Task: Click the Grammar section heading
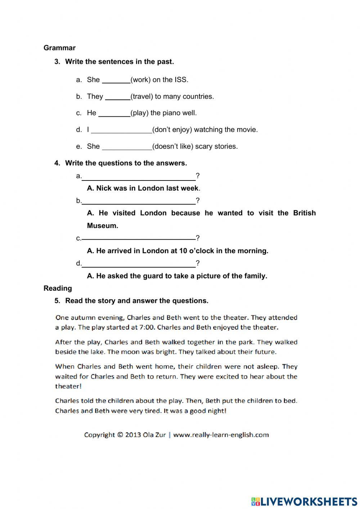point(59,48)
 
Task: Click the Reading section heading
point(58,288)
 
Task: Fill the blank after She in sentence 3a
point(116,80)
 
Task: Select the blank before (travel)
point(117,97)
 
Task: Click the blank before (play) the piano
point(114,113)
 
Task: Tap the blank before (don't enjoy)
point(121,130)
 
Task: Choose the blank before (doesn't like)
point(127,147)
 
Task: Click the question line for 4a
point(139,177)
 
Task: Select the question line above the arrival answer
point(139,238)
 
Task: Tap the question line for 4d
point(139,264)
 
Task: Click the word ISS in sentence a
point(181,80)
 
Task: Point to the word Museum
point(103,226)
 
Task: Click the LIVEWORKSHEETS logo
point(304,501)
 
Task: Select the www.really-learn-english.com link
point(221,435)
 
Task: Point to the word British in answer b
point(304,213)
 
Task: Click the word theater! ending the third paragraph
point(68,386)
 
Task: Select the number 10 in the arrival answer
point(183,251)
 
